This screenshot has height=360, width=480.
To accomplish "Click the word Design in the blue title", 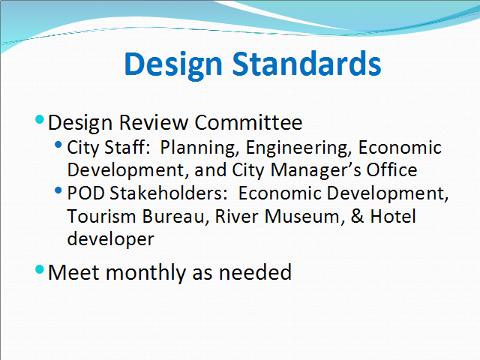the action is (x=173, y=65).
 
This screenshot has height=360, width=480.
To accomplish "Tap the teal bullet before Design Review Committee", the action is (x=40, y=119).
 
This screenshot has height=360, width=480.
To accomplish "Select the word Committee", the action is (x=248, y=123).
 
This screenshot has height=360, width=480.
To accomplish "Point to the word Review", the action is (x=153, y=123).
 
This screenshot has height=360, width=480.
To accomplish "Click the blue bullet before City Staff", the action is (x=58, y=144).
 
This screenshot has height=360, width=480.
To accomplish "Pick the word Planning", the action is (x=199, y=148).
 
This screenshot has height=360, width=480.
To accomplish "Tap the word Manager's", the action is (x=316, y=170).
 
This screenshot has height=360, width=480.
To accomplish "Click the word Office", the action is (x=391, y=169).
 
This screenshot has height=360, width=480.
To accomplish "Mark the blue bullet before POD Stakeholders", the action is (x=58, y=190).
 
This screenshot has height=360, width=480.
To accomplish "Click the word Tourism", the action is (x=101, y=216).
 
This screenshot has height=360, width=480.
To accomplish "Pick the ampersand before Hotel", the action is (x=357, y=216).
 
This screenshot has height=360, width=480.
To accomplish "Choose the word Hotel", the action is (x=393, y=216).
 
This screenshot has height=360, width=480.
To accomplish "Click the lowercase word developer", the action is (x=110, y=239).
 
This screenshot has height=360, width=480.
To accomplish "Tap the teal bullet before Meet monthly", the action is (x=40, y=269).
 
